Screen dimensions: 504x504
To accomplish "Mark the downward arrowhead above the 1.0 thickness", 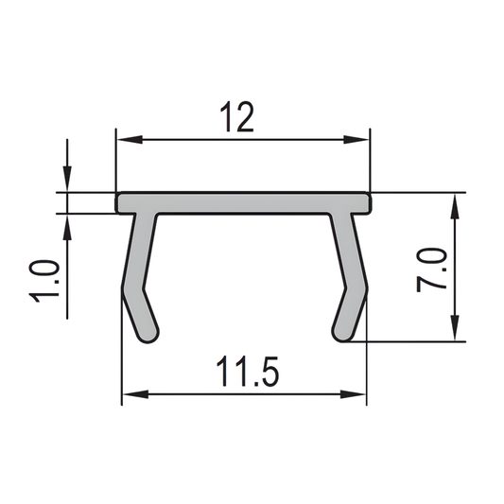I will coord(68,185).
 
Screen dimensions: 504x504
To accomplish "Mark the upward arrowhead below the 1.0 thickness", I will coord(68,221).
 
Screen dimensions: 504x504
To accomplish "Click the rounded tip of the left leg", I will coord(149,334).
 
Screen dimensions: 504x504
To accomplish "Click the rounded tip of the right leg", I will coord(341,333).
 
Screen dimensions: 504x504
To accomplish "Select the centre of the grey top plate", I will coord(243,202).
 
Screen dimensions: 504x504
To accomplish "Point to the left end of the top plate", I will coord(118,202).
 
